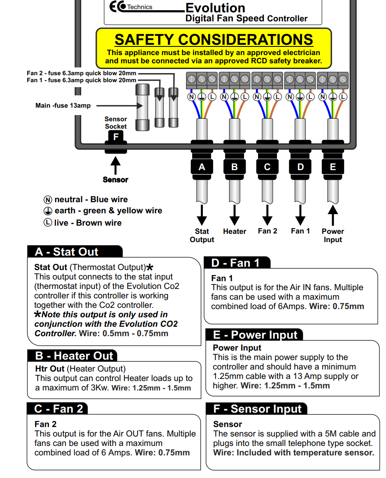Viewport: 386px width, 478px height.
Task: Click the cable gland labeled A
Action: [x=202, y=167]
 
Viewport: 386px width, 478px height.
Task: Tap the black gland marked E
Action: [x=333, y=167]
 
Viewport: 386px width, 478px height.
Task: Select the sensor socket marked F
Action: [x=116, y=137]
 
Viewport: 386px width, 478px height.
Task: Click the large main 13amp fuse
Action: [x=142, y=107]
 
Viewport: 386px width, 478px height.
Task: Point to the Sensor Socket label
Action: [x=116, y=123]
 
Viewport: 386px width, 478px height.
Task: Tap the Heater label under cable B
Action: [x=235, y=231]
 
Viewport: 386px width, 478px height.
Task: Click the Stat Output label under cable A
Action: [x=202, y=236]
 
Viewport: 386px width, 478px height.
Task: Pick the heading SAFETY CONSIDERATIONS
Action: [x=214, y=40]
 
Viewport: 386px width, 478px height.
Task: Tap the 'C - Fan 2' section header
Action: [x=59, y=409]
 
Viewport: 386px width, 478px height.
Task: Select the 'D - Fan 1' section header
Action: [x=235, y=263]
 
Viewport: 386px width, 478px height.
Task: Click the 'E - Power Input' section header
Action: [x=255, y=335]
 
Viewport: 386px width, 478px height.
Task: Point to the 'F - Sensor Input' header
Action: [x=258, y=409]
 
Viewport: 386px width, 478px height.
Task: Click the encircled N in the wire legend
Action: [x=48, y=200]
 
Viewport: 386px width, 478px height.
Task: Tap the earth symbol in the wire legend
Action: [x=48, y=211]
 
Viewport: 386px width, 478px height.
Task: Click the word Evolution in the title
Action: [x=215, y=8]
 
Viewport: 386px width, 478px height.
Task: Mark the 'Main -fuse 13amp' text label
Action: [x=63, y=106]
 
